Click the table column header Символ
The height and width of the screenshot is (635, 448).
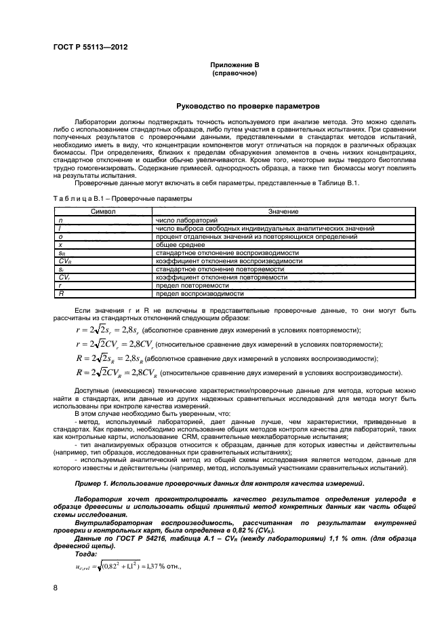104,212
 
